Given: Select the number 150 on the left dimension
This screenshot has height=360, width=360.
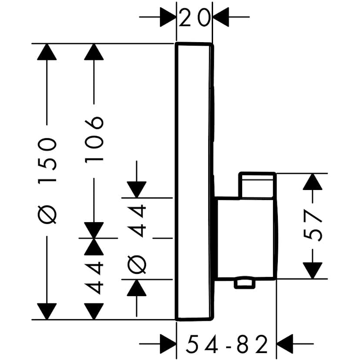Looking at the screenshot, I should (47, 160).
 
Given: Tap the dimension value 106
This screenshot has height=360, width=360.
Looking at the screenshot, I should (94, 139).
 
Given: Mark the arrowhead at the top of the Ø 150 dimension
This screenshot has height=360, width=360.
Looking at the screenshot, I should (47, 52).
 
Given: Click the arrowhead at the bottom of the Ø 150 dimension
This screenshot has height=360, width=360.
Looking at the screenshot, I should (47, 311).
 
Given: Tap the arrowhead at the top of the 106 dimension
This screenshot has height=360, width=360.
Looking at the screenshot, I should (94, 52).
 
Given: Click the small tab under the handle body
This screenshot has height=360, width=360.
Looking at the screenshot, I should (244, 283).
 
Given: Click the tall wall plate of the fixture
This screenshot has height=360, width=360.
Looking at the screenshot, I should (194, 181).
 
